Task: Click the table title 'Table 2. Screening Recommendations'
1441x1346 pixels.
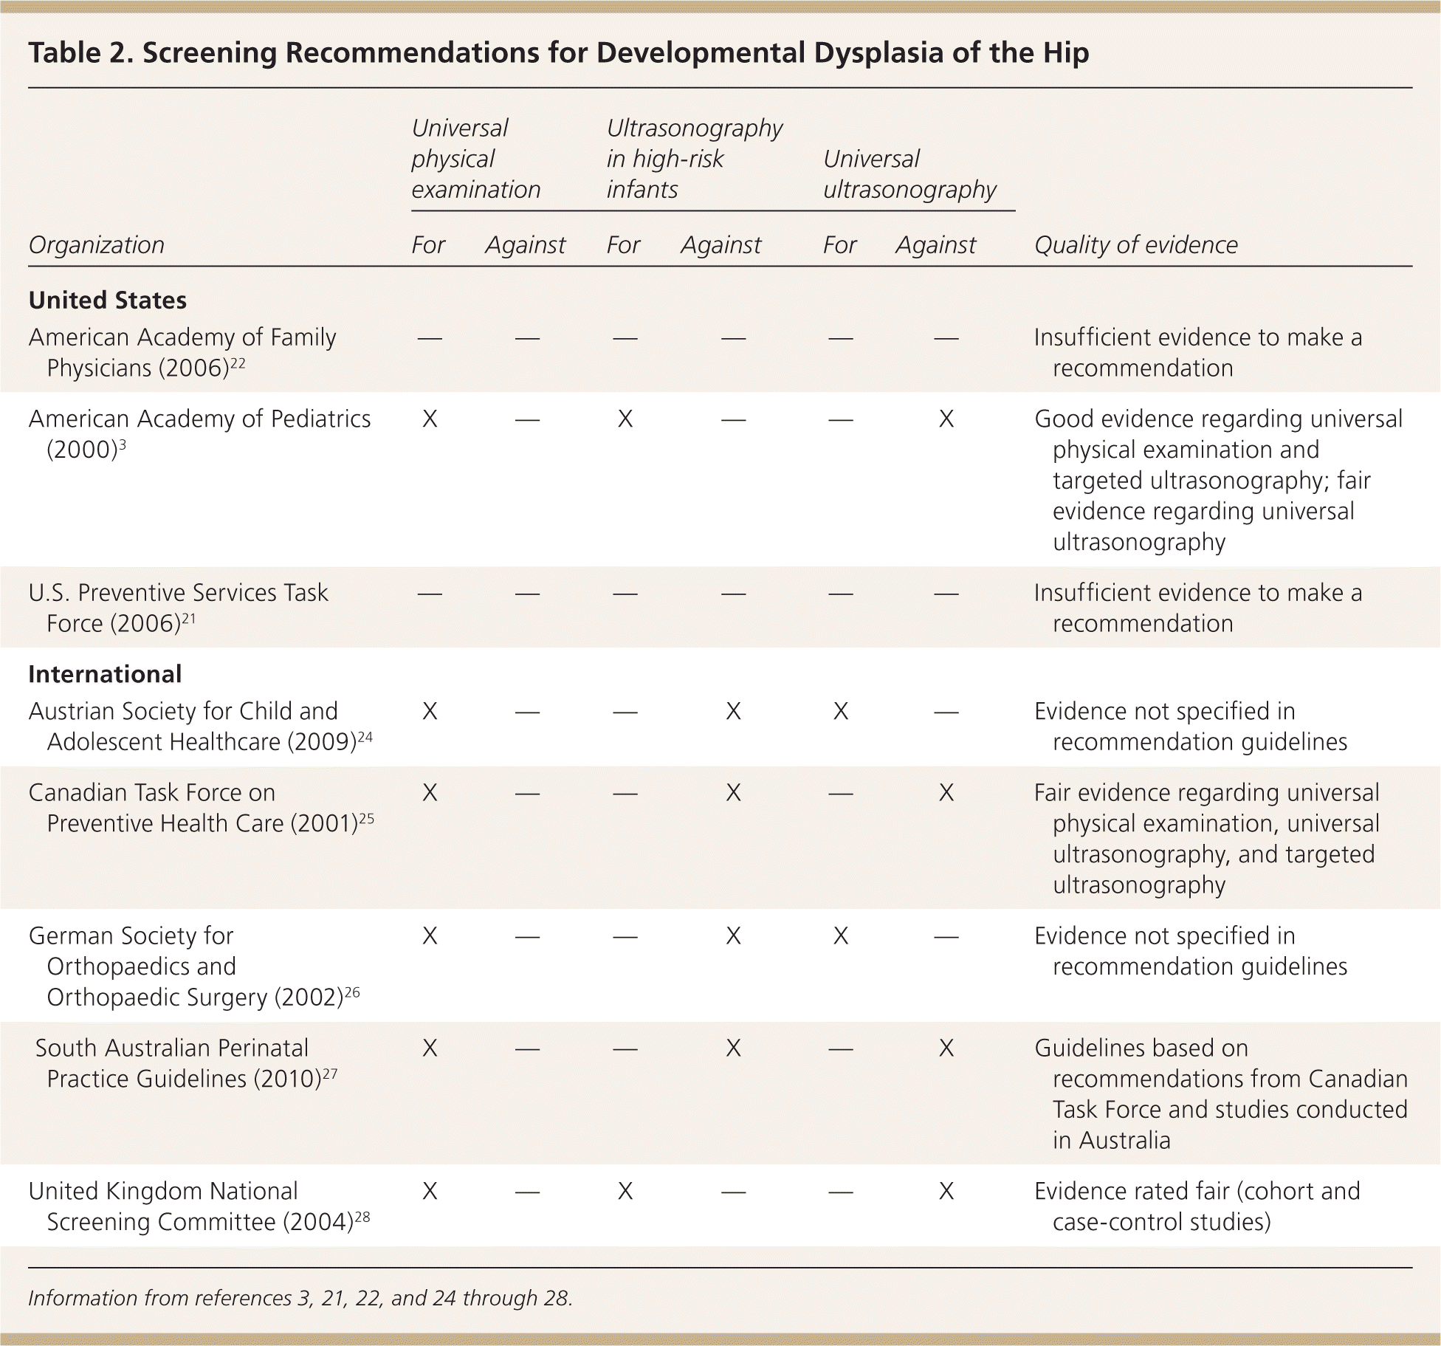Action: [x=558, y=53]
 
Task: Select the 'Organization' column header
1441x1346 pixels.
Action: [x=96, y=245]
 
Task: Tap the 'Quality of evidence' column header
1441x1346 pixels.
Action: [x=1135, y=245]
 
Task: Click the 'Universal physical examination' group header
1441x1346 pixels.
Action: [x=475, y=159]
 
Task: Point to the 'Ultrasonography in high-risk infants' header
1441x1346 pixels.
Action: [x=694, y=159]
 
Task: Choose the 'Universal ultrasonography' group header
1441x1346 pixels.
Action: [x=909, y=174]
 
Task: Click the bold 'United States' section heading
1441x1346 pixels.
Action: [x=108, y=301]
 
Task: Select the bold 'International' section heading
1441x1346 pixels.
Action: [x=105, y=674]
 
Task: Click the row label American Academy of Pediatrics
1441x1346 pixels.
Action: [x=199, y=419]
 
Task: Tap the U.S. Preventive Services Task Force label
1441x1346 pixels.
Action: [x=178, y=593]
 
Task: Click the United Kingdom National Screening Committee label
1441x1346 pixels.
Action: [x=163, y=1192]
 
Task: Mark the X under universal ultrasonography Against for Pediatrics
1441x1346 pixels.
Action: [x=946, y=419]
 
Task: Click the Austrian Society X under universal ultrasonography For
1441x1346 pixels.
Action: [x=840, y=712]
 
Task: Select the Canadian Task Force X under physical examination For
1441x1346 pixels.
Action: [x=429, y=793]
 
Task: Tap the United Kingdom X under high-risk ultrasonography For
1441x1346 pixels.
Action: [x=625, y=1192]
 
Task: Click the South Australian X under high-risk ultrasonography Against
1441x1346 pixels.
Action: [x=733, y=1048]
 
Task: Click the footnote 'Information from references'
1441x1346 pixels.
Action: [x=300, y=1298]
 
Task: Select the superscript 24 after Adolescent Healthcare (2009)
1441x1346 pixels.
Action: [x=365, y=737]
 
